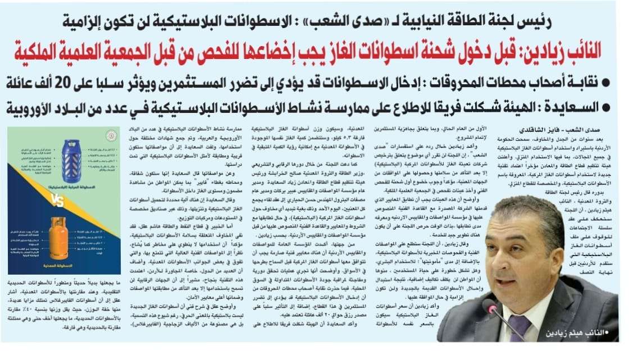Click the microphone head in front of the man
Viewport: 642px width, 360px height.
pos(490,308)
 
